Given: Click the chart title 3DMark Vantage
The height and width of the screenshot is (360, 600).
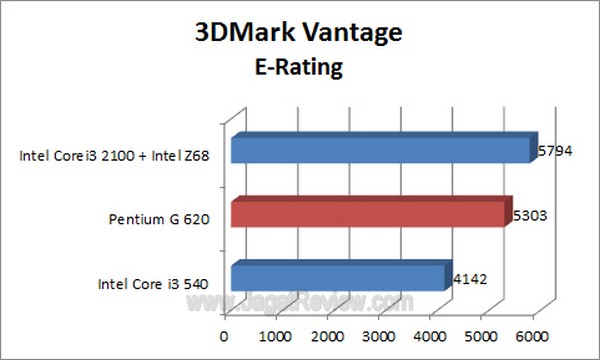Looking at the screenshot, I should [x=299, y=33].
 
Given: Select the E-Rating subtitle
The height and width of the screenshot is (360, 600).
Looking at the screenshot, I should [x=298, y=68].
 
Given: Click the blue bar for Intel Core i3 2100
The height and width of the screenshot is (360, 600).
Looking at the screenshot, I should [x=380, y=149].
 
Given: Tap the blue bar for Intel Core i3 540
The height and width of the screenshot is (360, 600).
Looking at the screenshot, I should [x=337, y=275].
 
